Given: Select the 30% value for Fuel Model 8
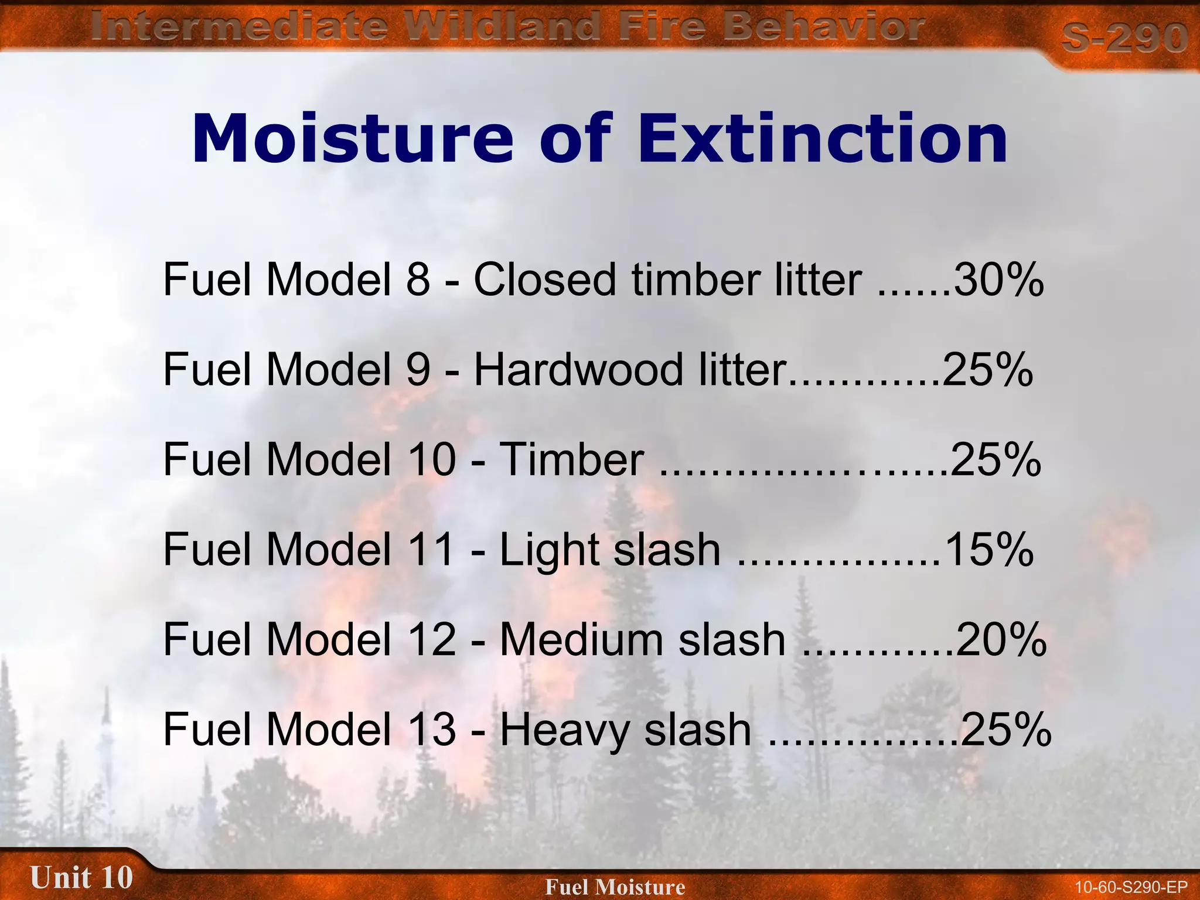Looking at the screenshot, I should click(998, 279).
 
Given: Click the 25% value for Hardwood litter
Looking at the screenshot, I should click(987, 370).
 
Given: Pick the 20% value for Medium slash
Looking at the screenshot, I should click(1001, 639).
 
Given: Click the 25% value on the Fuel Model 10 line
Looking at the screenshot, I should click(996, 459).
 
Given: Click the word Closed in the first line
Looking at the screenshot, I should click(544, 279).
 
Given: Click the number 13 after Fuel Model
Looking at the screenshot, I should click(434, 729).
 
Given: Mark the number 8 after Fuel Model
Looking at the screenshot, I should click(418, 279).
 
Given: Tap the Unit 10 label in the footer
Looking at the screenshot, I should click(81, 878).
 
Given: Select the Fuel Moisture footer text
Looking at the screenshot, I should click(615, 887).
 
